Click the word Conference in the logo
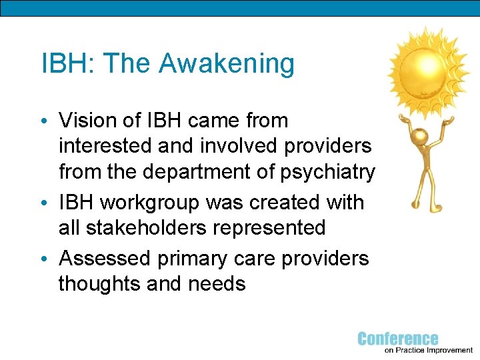click(398, 339)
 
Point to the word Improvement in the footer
click(445, 350)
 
